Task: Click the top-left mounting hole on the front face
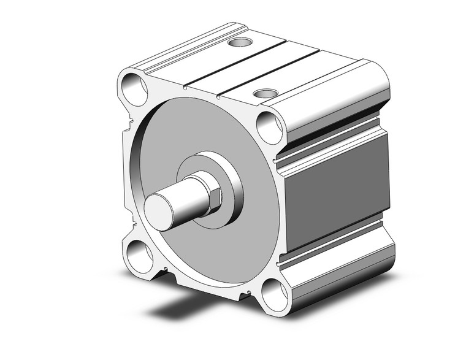(x=134, y=89)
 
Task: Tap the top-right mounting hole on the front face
(x=269, y=127)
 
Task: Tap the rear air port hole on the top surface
(x=239, y=43)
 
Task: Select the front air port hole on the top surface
(x=265, y=94)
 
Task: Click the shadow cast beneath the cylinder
(x=184, y=307)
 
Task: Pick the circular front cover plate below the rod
(x=208, y=251)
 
